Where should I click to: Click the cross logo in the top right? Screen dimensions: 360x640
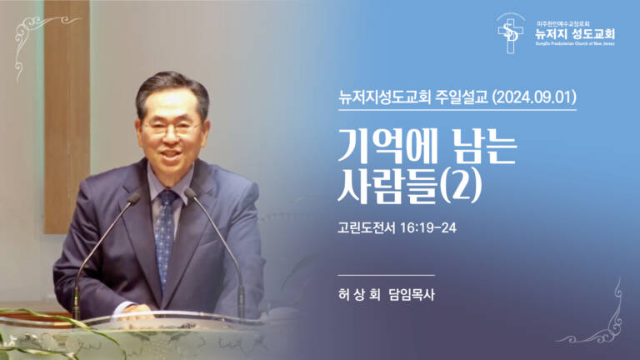pos(509,34)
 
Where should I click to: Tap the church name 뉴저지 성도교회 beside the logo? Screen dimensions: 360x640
pos(575,34)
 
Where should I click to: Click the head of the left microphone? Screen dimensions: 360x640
pos(132,198)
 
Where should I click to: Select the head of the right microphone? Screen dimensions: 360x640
pos(190,194)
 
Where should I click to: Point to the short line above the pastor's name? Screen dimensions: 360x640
pos(387,274)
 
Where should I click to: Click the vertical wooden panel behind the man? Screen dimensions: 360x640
pos(67,117)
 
